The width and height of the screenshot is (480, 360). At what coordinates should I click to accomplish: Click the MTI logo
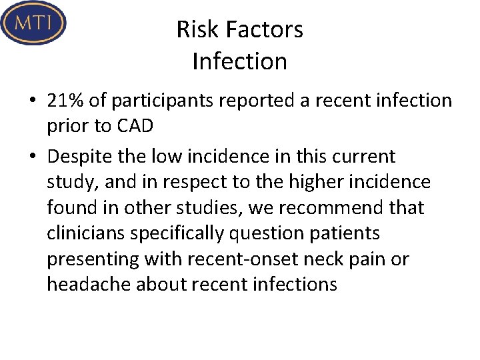coord(33,23)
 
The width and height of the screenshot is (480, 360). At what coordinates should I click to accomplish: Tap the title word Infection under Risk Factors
coord(239,61)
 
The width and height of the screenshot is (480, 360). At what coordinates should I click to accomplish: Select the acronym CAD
coord(136,126)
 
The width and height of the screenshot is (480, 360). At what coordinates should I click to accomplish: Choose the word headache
coord(89,285)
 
